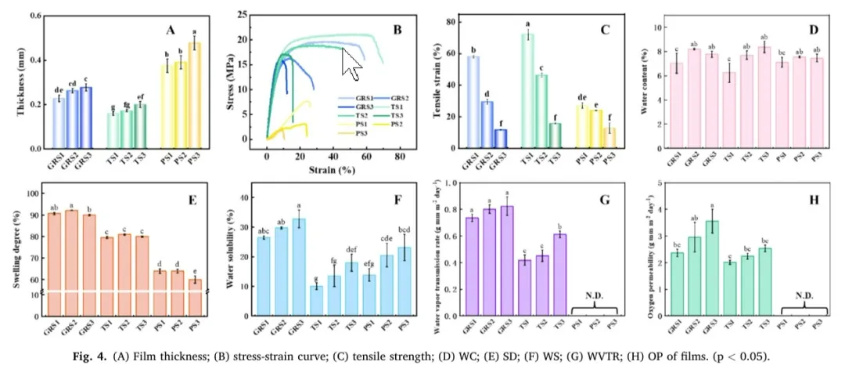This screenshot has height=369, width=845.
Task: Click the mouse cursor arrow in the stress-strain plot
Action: click(351, 63)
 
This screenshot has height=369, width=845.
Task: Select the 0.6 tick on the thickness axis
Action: click(37, 16)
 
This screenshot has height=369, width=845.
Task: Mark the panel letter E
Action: click(191, 201)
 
